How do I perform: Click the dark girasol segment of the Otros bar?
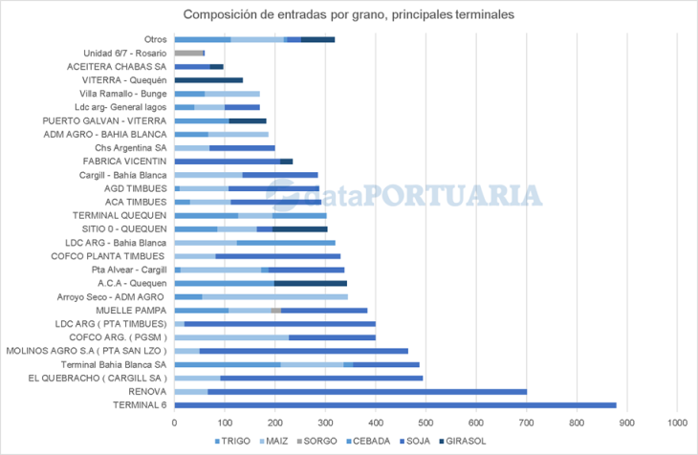(x=317, y=39)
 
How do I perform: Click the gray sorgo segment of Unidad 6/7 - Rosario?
(x=189, y=53)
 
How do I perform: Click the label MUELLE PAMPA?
(x=132, y=311)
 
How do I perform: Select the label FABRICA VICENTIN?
(x=123, y=162)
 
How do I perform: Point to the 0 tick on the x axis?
(x=174, y=422)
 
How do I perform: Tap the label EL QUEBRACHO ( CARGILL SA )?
(x=103, y=379)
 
